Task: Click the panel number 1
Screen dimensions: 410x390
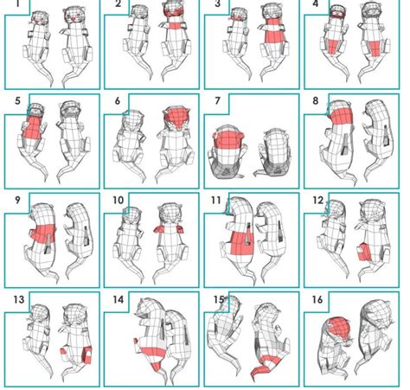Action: coord(18,3)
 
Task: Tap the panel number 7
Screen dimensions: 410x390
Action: coord(218,100)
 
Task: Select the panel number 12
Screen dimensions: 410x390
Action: coord(318,200)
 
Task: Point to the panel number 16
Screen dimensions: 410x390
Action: coord(317,299)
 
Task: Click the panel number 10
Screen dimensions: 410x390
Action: coord(118,200)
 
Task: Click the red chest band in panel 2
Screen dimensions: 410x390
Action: coord(175,26)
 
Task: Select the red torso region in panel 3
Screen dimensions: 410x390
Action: coord(274,30)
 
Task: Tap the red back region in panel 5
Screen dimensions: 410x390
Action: coord(32,128)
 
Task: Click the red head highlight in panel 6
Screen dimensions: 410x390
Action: coord(176,118)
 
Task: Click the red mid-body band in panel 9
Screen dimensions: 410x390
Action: coord(43,233)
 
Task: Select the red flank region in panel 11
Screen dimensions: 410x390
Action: coord(241,243)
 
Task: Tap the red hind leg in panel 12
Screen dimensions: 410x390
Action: coord(364,252)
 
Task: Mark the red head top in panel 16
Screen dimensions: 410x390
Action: coord(339,329)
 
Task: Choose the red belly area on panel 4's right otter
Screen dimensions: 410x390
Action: coord(375,48)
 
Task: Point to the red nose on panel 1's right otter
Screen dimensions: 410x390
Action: coord(74,19)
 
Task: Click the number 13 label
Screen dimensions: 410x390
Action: coord(19,299)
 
